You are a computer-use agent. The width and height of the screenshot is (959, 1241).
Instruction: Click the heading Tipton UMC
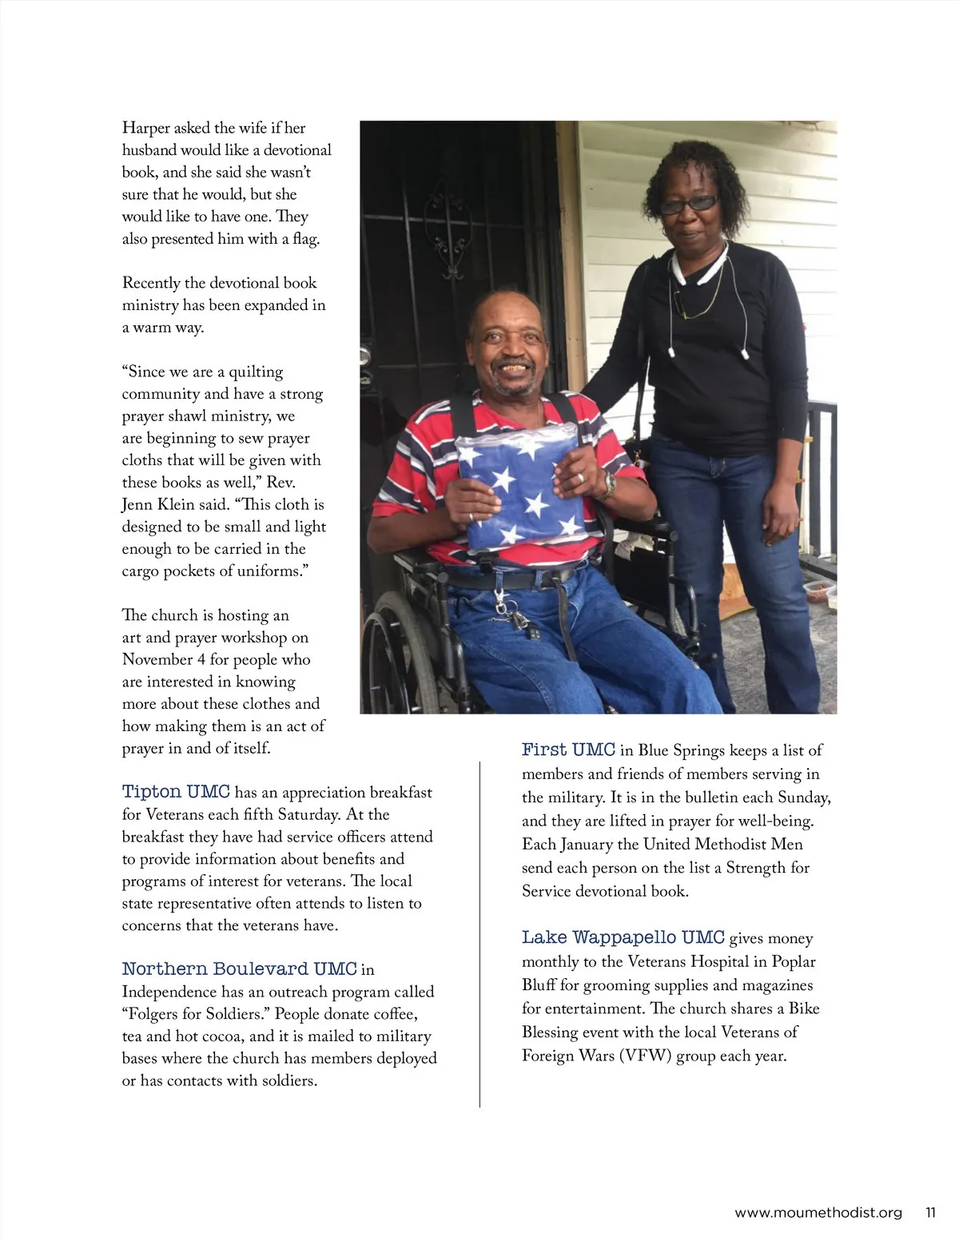tap(176, 792)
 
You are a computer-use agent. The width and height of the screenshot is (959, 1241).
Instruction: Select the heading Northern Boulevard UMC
tap(239, 969)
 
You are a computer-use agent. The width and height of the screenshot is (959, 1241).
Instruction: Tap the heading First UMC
tap(568, 750)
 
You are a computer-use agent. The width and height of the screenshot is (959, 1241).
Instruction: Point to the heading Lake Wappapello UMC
tap(623, 937)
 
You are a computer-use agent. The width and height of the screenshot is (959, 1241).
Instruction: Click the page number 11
tap(930, 1212)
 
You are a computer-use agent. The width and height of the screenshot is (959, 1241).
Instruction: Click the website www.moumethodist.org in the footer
tap(818, 1212)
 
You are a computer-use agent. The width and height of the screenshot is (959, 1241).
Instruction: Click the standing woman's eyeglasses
tap(688, 205)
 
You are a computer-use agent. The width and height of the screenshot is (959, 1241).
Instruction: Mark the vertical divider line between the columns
tap(479, 935)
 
